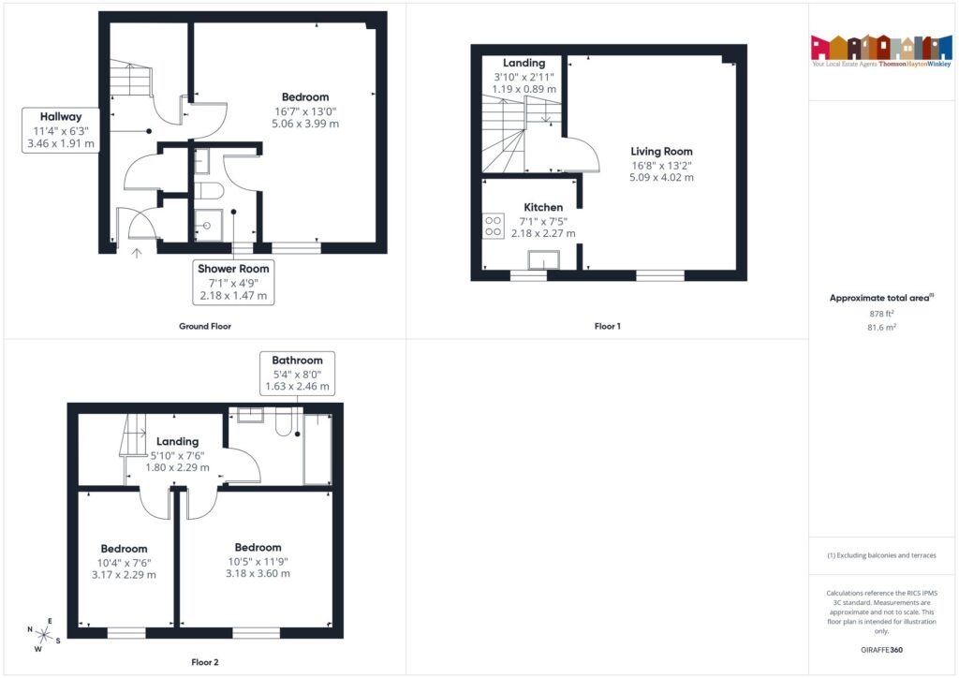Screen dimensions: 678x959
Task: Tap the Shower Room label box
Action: click(x=233, y=282)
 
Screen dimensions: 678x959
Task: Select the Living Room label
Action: click(x=661, y=152)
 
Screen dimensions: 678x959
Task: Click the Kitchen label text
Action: click(x=543, y=207)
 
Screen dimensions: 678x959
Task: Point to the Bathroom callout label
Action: click(x=297, y=361)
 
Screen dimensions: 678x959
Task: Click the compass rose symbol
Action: click(x=43, y=635)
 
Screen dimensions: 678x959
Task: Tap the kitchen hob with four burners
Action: click(x=493, y=226)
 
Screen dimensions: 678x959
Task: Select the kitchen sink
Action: click(x=544, y=259)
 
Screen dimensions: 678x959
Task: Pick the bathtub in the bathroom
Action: click(x=317, y=449)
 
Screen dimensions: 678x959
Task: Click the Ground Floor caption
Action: click(x=204, y=327)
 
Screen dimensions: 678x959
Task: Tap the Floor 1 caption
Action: click(x=607, y=327)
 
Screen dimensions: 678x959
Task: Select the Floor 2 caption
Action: click(x=204, y=663)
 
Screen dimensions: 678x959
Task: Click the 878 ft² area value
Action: click(x=883, y=315)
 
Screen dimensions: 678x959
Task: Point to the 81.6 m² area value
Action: click(x=883, y=328)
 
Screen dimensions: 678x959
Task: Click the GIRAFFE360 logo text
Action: click(x=883, y=650)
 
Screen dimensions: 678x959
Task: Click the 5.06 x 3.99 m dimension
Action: click(x=305, y=124)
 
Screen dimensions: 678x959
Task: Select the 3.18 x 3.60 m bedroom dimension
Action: click(x=258, y=574)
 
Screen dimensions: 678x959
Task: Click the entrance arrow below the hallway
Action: click(x=138, y=251)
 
